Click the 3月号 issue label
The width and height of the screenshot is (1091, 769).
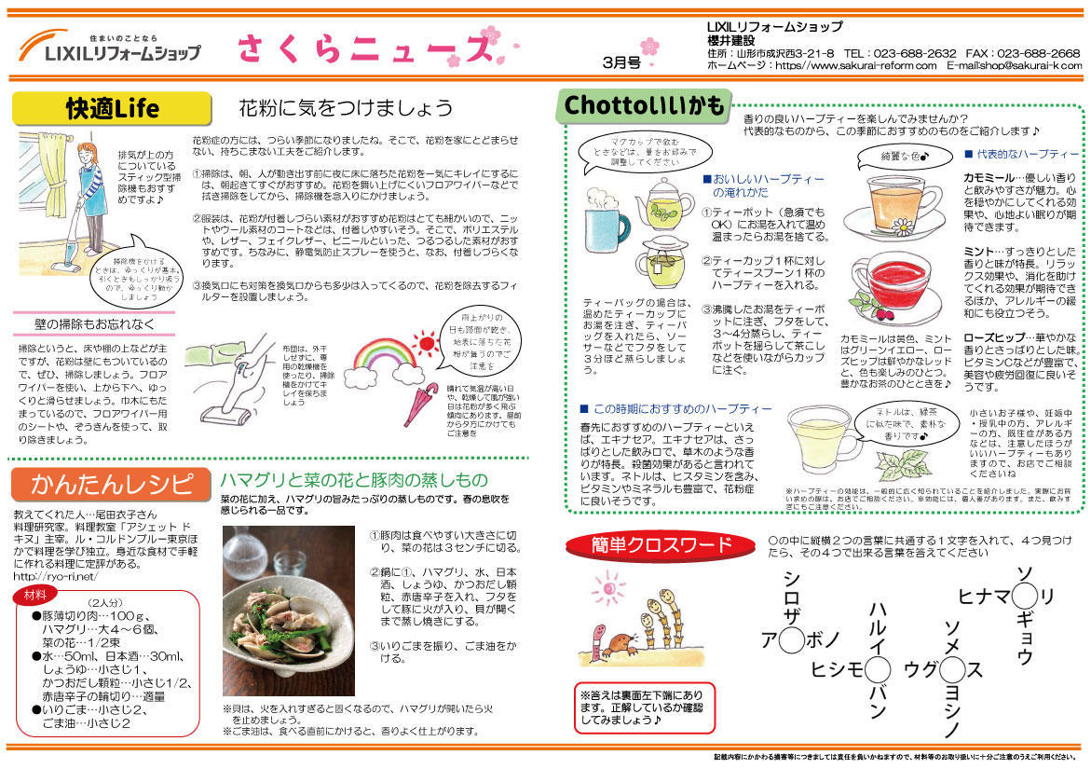coord(621,62)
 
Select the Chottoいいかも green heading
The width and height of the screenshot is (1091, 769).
coord(644,106)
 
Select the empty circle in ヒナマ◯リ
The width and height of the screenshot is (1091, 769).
coord(1024,595)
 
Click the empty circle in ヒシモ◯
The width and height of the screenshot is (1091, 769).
coord(877,668)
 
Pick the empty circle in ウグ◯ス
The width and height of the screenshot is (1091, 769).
coord(951,668)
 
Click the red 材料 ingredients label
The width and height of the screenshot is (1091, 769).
coord(37,594)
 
